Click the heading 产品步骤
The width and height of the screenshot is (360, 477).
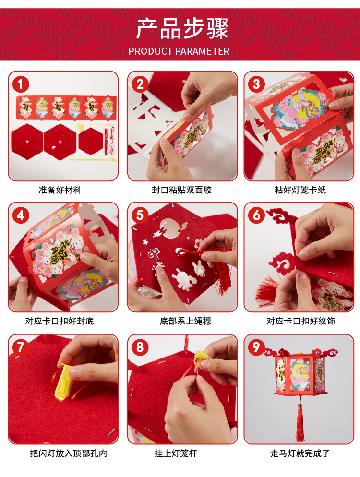pyautogui.click(x=181, y=29)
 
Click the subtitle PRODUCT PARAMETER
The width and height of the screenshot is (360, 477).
pyautogui.click(x=179, y=51)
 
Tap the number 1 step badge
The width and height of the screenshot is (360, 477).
pyautogui.click(x=20, y=84)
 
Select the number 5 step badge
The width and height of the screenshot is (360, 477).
pyautogui.click(x=140, y=215)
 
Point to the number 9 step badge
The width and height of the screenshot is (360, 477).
pyautogui.click(x=256, y=347)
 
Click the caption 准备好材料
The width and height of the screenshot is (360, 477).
pyautogui.click(x=60, y=190)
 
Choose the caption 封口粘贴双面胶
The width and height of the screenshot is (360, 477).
pyautogui.click(x=181, y=190)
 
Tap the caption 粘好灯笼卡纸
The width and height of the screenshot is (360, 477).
pyautogui.click(x=300, y=190)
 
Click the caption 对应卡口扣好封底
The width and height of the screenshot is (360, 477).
pyautogui.click(x=60, y=321)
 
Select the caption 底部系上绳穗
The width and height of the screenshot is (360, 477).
pyautogui.click(x=185, y=321)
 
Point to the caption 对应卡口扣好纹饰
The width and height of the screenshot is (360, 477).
pyautogui.click(x=301, y=321)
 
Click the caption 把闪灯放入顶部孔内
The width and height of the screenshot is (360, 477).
pyautogui.click(x=69, y=453)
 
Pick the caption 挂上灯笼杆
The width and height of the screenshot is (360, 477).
pyautogui.click(x=176, y=453)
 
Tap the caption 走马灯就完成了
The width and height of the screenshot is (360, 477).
pyautogui.click(x=300, y=453)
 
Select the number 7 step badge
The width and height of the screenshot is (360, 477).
pyautogui.click(x=20, y=347)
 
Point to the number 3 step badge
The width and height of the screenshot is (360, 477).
pyautogui.click(x=256, y=84)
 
